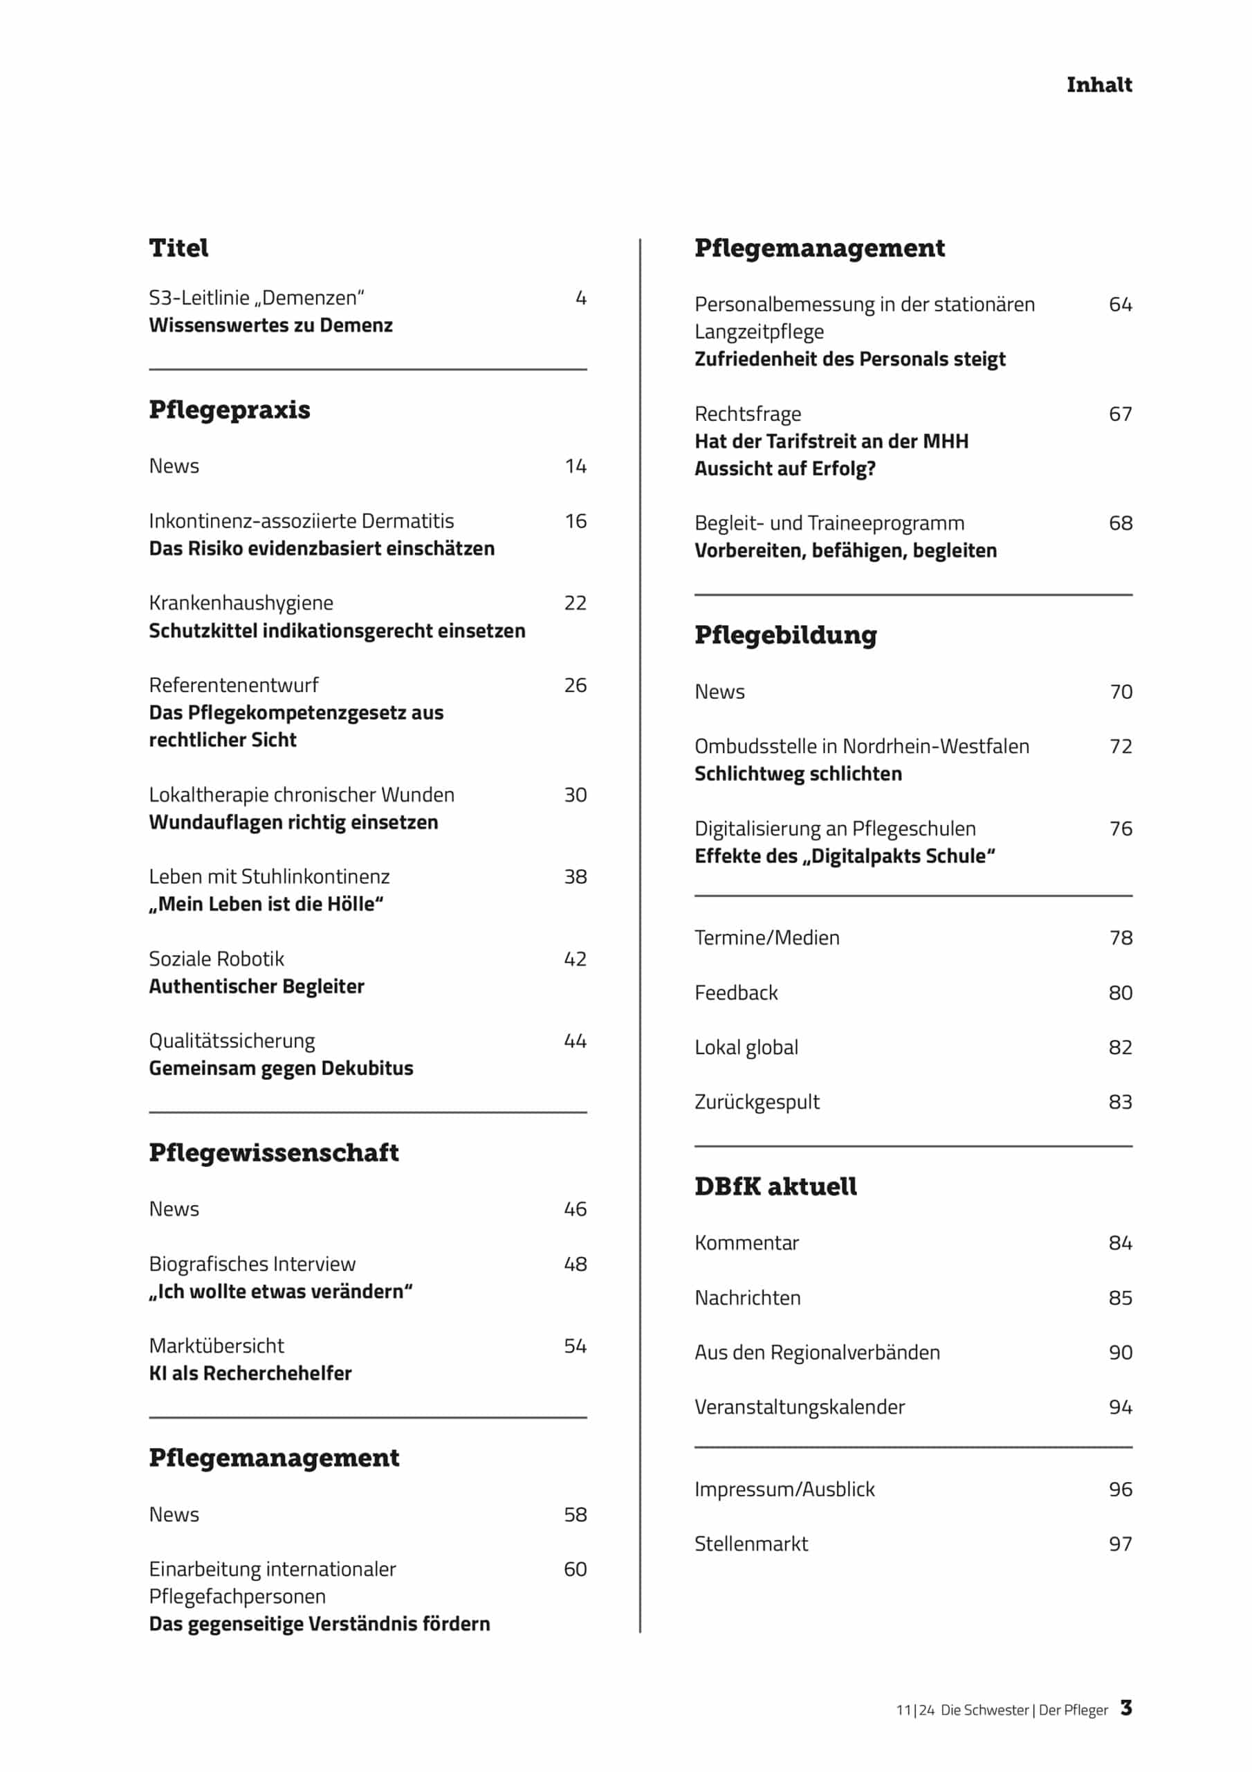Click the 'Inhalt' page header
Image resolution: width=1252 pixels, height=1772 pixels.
1098,85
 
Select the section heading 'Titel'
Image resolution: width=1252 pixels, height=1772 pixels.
178,248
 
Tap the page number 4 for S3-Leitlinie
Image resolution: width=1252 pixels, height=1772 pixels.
581,298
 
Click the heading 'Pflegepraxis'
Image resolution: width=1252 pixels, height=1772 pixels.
229,410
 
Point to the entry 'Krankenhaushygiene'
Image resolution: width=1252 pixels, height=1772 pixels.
241,603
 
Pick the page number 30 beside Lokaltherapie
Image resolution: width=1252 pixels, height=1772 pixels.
575,795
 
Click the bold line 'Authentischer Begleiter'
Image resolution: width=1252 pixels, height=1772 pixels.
256,986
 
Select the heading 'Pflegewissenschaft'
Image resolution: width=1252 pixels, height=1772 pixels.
274,1153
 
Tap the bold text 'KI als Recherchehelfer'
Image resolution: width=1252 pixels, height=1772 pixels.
250,1373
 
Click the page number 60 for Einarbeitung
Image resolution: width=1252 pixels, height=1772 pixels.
575,1569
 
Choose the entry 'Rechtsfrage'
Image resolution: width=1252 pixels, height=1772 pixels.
748,415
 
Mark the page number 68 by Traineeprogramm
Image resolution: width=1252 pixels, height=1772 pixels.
1120,523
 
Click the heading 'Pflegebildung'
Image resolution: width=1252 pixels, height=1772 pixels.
785,635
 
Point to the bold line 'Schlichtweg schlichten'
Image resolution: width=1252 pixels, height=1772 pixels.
798,774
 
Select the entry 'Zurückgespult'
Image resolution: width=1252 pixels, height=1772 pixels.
757,1102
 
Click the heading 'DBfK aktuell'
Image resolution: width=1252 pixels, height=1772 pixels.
775,1187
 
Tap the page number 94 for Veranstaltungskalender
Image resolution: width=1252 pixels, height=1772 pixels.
1120,1407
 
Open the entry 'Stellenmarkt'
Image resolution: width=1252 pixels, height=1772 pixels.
751,1544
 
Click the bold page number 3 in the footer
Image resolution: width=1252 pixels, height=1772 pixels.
1126,1708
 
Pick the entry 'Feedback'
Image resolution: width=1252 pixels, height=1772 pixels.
736,993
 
